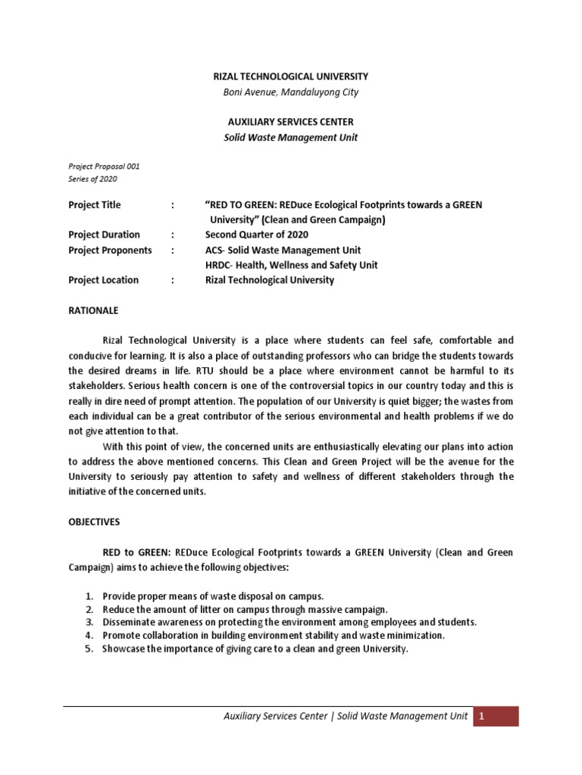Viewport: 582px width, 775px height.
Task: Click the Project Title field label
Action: [95, 205]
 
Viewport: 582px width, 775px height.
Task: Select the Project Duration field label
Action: [104, 235]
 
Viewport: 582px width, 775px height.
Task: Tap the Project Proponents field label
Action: [110, 250]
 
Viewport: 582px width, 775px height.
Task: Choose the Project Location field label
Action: [104, 280]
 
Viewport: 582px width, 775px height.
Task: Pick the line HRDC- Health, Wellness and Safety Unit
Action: [291, 265]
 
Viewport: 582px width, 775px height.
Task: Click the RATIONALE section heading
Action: [93, 310]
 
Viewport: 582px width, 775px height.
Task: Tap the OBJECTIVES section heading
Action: [95, 522]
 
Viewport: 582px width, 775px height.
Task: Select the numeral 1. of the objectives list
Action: [88, 596]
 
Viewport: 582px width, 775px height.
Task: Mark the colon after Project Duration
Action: [174, 235]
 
